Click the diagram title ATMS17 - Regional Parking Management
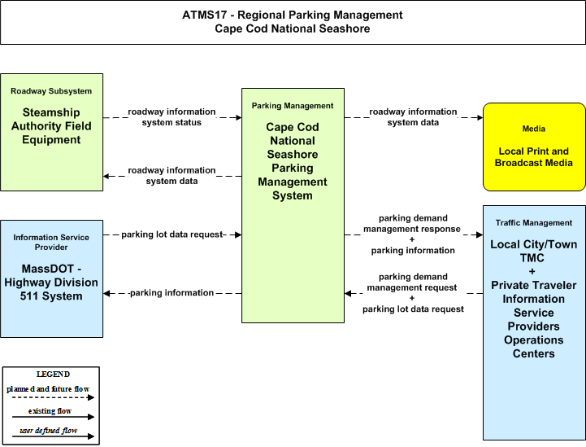[x=293, y=15]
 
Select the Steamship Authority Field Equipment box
[x=51, y=132]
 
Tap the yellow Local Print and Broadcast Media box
[x=534, y=147]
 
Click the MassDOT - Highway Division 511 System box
[x=51, y=279]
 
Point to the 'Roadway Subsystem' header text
[x=51, y=91]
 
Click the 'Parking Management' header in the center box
[x=293, y=106]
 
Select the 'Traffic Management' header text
[x=534, y=223]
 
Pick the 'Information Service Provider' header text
[x=51, y=242]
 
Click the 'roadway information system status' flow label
[x=172, y=117]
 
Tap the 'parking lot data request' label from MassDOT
[x=172, y=234]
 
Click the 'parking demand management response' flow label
[x=412, y=223]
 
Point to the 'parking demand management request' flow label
[x=412, y=283]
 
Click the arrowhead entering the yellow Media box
[x=480, y=117]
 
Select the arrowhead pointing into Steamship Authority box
[x=106, y=176]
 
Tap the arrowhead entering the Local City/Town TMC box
[x=480, y=234]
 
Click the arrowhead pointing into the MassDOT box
[x=106, y=293]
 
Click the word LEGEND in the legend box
[x=53, y=375]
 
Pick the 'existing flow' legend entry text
[x=50, y=411]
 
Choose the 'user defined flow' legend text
[x=49, y=431]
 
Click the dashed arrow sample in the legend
[x=53, y=397]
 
